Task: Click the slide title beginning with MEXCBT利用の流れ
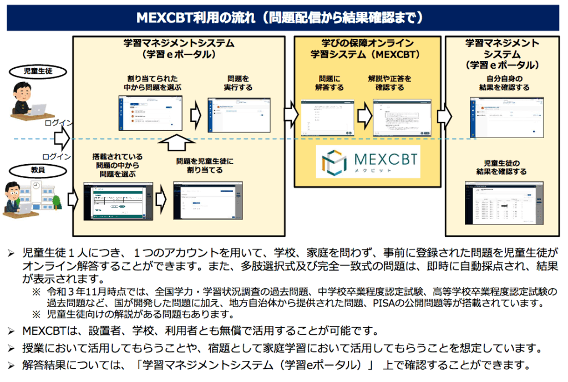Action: point(283,17)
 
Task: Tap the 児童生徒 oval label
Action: point(37,71)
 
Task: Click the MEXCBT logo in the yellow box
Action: point(368,161)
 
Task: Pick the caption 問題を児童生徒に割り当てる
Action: point(205,166)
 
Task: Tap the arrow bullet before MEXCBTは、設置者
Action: point(11,332)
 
